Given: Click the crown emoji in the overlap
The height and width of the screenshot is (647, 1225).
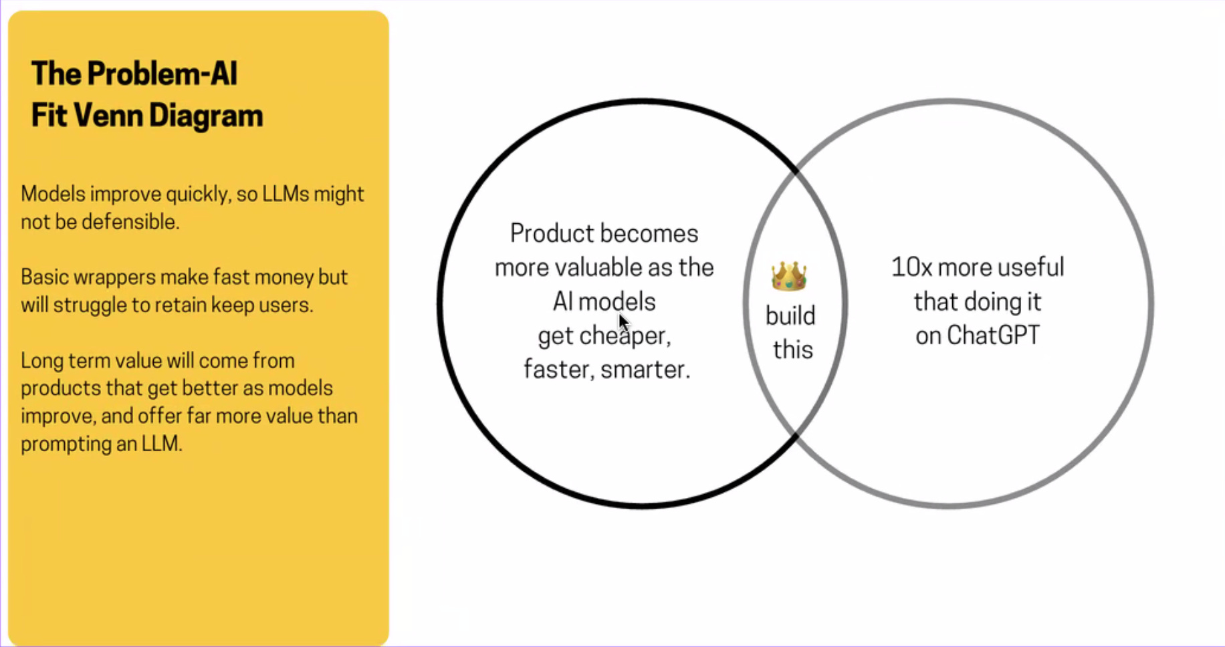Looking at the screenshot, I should [x=789, y=276].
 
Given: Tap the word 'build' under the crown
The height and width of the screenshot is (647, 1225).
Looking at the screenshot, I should [x=790, y=315].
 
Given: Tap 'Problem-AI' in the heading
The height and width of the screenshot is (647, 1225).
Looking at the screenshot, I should [x=162, y=74].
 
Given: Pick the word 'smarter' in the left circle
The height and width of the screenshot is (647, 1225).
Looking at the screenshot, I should [x=645, y=369].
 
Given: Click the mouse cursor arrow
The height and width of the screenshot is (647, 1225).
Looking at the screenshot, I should [x=624, y=323].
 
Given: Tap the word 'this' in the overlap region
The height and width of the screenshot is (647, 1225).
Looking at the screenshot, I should [x=793, y=350].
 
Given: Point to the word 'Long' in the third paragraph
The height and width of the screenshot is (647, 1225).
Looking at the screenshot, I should [x=41, y=361].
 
